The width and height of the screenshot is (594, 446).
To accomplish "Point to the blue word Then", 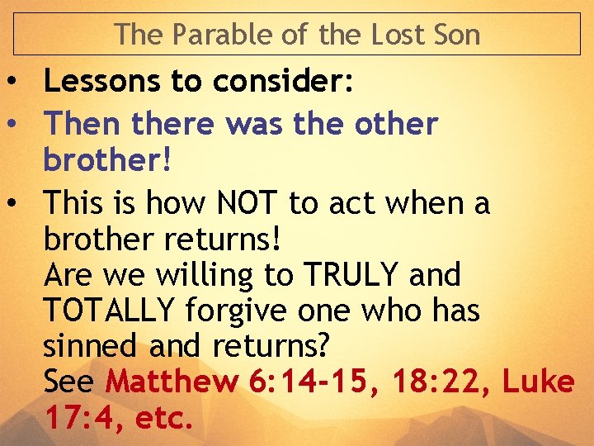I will point(78,124).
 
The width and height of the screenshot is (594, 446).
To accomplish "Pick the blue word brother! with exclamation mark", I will point(108,161).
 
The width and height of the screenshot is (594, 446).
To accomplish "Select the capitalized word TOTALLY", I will point(109,311).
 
